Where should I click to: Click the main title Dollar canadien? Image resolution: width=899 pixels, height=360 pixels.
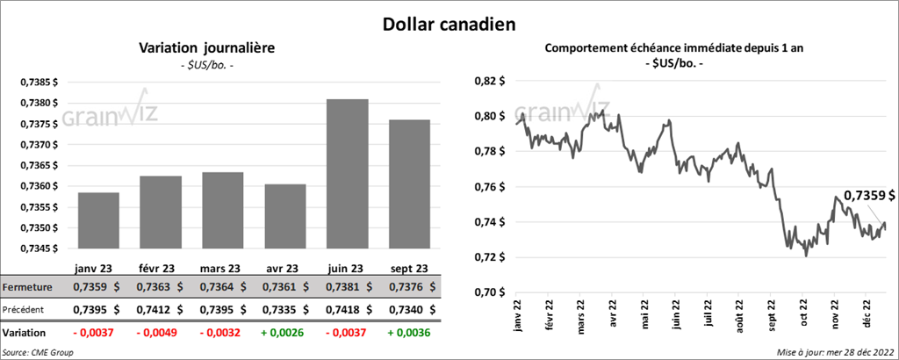tap(449, 21)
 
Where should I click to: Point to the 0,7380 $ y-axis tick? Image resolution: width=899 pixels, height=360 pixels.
tap(39, 103)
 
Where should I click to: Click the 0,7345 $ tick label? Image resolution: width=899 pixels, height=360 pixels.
tap(39, 248)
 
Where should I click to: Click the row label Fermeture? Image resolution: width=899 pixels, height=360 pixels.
tap(29, 287)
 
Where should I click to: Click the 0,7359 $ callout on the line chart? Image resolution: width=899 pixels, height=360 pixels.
tap(869, 195)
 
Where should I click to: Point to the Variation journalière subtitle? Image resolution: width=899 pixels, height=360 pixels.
tap(206, 47)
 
